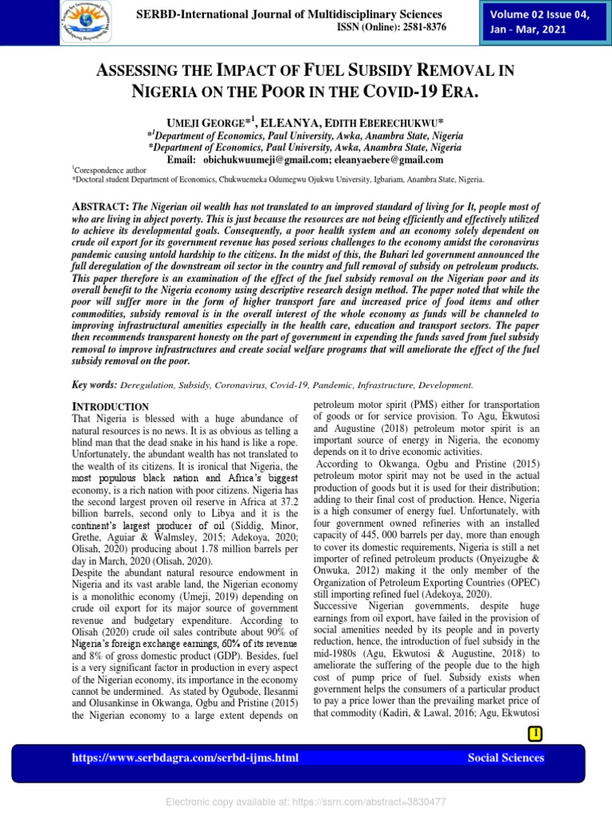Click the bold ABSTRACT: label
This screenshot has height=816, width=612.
(x=100, y=206)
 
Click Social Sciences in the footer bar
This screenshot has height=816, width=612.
(x=506, y=758)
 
